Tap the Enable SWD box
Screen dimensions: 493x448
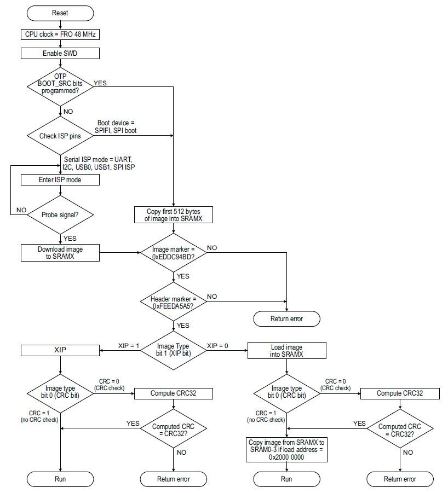pos(60,53)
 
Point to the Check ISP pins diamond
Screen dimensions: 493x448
pos(60,135)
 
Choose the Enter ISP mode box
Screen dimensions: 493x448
pos(60,179)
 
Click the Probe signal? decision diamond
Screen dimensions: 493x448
pos(60,214)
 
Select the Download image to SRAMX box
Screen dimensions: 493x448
pos(60,252)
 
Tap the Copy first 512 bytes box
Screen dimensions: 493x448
pos(173,214)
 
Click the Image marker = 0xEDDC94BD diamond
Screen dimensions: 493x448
pos(173,252)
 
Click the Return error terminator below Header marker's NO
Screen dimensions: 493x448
pos(286,318)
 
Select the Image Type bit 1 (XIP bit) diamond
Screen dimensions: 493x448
pos(173,349)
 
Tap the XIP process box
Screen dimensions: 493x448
pos(60,349)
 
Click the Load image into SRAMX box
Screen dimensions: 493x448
pos(286,351)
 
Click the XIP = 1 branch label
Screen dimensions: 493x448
pos(129,345)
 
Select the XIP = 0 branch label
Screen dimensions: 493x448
pos(217,345)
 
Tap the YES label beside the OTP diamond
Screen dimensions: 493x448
pos(101,83)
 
